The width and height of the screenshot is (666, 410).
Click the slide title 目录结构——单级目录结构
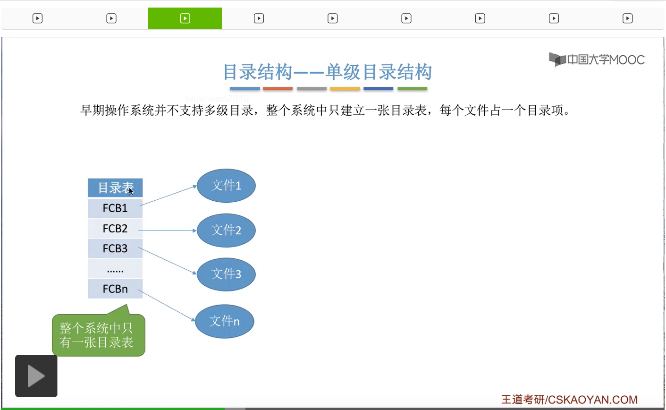[327, 72]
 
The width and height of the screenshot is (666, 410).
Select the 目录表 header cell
[115, 188]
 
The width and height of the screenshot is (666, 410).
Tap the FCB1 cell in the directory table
[115, 208]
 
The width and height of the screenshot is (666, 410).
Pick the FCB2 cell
[115, 229]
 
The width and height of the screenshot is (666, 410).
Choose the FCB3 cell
[115, 248]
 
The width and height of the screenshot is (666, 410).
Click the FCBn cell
[115, 289]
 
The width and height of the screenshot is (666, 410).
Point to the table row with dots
[115, 269]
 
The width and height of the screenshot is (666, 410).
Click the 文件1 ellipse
[226, 186]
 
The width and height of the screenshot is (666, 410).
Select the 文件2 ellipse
[226, 230]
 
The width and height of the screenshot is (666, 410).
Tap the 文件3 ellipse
[226, 274]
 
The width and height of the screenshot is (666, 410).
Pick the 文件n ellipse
[224, 321]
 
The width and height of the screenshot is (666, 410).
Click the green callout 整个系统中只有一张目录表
[98, 335]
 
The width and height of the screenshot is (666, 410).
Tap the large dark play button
[36, 376]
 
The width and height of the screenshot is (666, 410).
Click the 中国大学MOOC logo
[597, 60]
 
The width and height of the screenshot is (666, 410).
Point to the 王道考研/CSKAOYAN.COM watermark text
[569, 400]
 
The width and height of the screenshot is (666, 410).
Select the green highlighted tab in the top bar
[185, 18]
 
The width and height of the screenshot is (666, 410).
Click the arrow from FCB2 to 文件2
[168, 231]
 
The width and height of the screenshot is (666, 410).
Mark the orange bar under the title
[278, 88]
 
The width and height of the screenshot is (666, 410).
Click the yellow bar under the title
[345, 88]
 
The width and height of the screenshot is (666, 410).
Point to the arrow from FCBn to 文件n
[166, 306]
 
